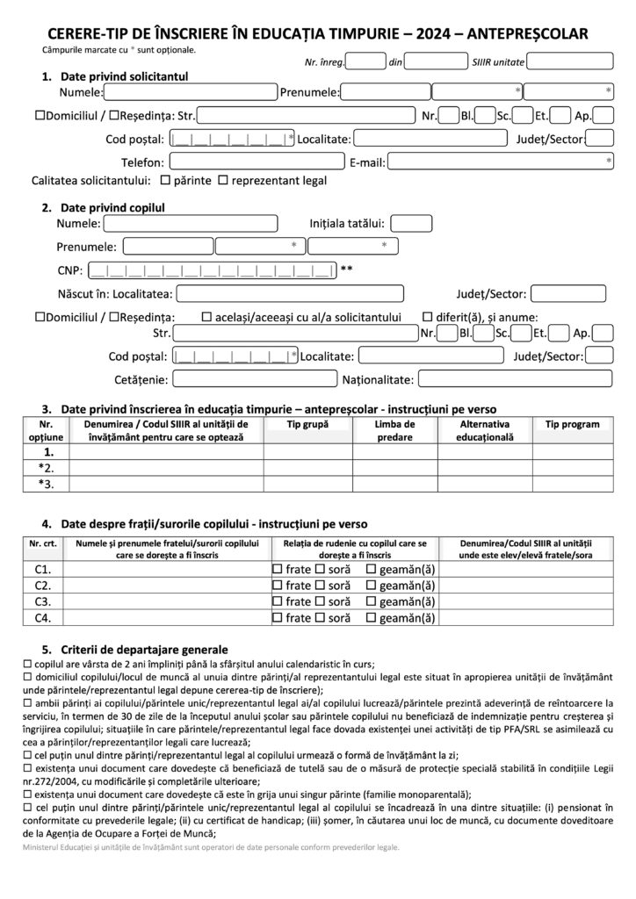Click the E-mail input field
tap(501, 162)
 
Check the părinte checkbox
tap(165, 181)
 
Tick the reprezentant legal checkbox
tap(223, 181)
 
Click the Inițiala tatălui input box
tap(411, 224)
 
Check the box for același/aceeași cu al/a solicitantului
tap(206, 317)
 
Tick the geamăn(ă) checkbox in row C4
tap(372, 617)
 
